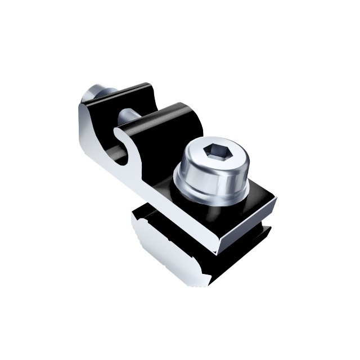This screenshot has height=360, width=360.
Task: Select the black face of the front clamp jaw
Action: (163, 141)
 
